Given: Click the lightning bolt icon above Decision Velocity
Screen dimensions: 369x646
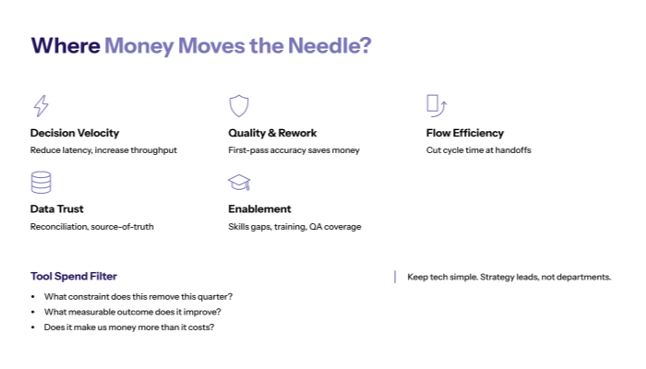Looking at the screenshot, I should [41, 105].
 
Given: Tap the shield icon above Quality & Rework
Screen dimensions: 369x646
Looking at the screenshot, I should [239, 105].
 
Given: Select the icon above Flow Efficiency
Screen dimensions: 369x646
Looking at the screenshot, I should [437, 105].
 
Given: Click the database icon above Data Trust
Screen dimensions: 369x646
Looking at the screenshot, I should [41, 181].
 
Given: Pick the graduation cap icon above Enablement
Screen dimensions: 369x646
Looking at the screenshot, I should [239, 182].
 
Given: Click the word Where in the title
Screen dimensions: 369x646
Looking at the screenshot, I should [65, 46].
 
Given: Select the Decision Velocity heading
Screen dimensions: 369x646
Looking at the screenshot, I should [75, 133].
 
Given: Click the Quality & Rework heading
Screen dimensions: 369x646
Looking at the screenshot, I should [272, 133].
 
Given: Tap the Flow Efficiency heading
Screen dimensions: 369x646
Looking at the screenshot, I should [465, 133].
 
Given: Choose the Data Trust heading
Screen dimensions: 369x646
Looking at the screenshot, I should [57, 208].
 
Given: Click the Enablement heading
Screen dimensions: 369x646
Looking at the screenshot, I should [259, 208].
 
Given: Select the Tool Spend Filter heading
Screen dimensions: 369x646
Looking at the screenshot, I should [74, 276].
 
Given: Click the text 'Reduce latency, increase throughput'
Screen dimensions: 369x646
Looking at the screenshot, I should [103, 149].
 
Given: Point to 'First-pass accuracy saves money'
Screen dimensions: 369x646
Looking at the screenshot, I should [293, 149].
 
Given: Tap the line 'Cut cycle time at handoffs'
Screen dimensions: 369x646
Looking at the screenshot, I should [479, 149].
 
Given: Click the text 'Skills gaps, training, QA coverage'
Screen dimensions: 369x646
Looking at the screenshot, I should [294, 226].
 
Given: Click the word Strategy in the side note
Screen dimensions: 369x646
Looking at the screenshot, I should [497, 277].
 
